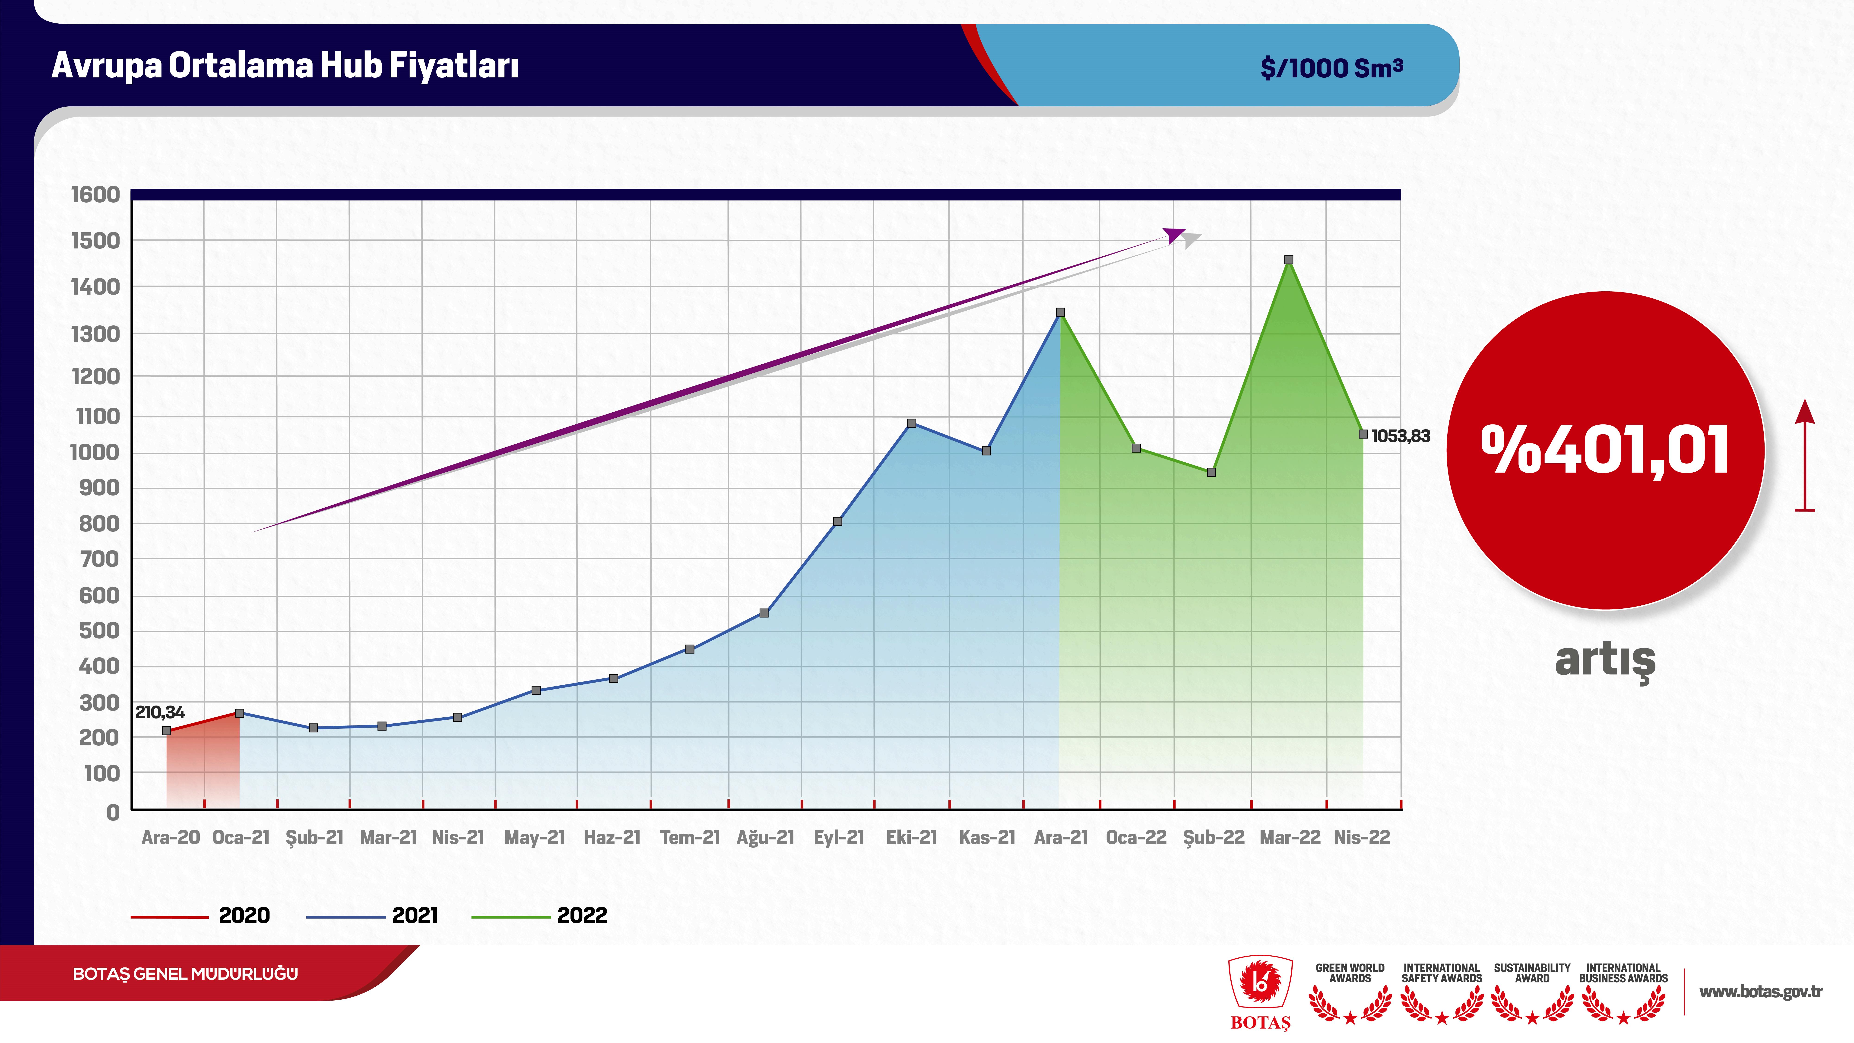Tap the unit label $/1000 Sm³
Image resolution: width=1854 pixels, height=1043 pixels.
point(1331,68)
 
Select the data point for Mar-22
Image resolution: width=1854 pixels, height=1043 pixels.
point(1288,260)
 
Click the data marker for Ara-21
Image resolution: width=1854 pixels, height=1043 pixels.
point(1060,312)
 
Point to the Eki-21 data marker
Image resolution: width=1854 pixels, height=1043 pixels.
point(912,423)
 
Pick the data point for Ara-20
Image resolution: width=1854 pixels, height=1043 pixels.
point(167,731)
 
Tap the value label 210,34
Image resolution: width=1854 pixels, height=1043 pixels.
point(160,713)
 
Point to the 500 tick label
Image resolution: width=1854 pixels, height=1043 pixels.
point(99,630)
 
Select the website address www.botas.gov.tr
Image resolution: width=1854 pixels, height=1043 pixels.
point(1760,992)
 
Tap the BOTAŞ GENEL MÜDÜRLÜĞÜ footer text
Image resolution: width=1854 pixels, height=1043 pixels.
point(185,974)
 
